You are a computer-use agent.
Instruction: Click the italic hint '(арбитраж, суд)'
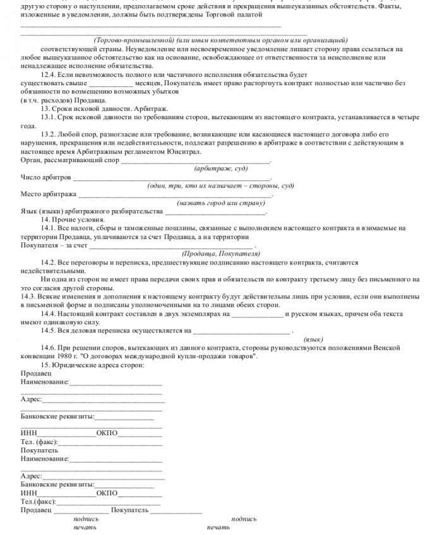click(x=220, y=168)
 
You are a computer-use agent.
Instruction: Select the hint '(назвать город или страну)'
click(x=220, y=203)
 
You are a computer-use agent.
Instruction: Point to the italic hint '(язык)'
click(x=313, y=339)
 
